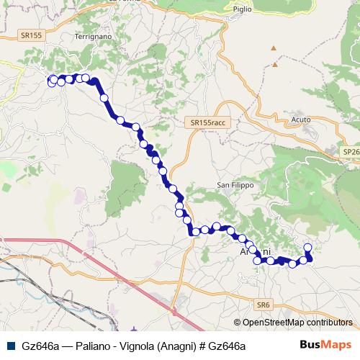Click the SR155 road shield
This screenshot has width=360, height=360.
(32, 34)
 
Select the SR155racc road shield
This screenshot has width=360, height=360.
(209, 123)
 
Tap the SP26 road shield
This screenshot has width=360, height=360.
(352, 152)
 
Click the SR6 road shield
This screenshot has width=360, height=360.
(266, 305)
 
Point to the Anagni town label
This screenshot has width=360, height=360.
(254, 251)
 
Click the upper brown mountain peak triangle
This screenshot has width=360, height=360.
(273, 48)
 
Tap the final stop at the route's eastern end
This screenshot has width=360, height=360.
(307, 248)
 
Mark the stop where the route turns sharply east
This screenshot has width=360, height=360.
(194, 232)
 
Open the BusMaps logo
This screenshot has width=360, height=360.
(326, 346)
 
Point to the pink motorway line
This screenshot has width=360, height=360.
(108, 266)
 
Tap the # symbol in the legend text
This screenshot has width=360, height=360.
(201, 346)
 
